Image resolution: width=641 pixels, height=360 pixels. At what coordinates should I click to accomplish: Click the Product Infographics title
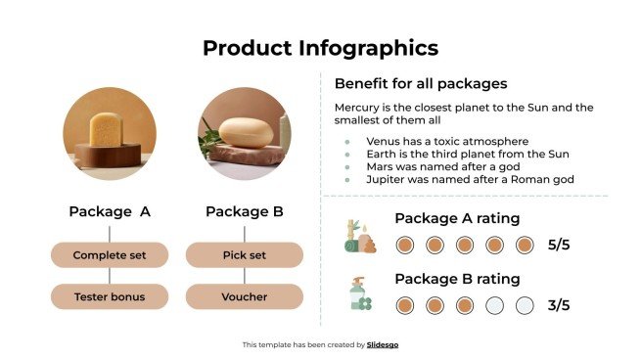click(320, 48)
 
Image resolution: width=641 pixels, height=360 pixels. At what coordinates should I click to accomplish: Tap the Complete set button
click(109, 255)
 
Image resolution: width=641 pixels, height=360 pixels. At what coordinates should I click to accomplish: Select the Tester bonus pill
click(109, 295)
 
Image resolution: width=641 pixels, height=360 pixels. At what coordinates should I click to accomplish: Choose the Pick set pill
click(244, 255)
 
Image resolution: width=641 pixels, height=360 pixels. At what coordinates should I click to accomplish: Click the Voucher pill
click(244, 295)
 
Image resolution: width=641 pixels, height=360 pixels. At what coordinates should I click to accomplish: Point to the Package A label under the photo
click(109, 211)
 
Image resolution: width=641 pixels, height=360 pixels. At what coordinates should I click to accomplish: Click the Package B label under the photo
click(244, 211)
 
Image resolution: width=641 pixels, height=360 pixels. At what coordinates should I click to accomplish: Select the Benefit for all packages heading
click(420, 83)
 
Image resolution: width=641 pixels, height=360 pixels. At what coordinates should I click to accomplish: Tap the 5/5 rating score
click(559, 245)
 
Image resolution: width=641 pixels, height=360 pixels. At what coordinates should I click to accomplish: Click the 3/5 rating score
click(559, 305)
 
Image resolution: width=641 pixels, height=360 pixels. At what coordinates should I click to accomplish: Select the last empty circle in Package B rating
click(525, 305)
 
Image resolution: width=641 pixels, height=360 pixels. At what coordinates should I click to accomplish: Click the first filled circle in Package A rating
click(405, 245)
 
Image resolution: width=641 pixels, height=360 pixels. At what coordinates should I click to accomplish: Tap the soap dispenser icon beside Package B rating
click(360, 294)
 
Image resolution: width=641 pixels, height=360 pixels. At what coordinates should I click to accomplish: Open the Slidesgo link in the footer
click(383, 344)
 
